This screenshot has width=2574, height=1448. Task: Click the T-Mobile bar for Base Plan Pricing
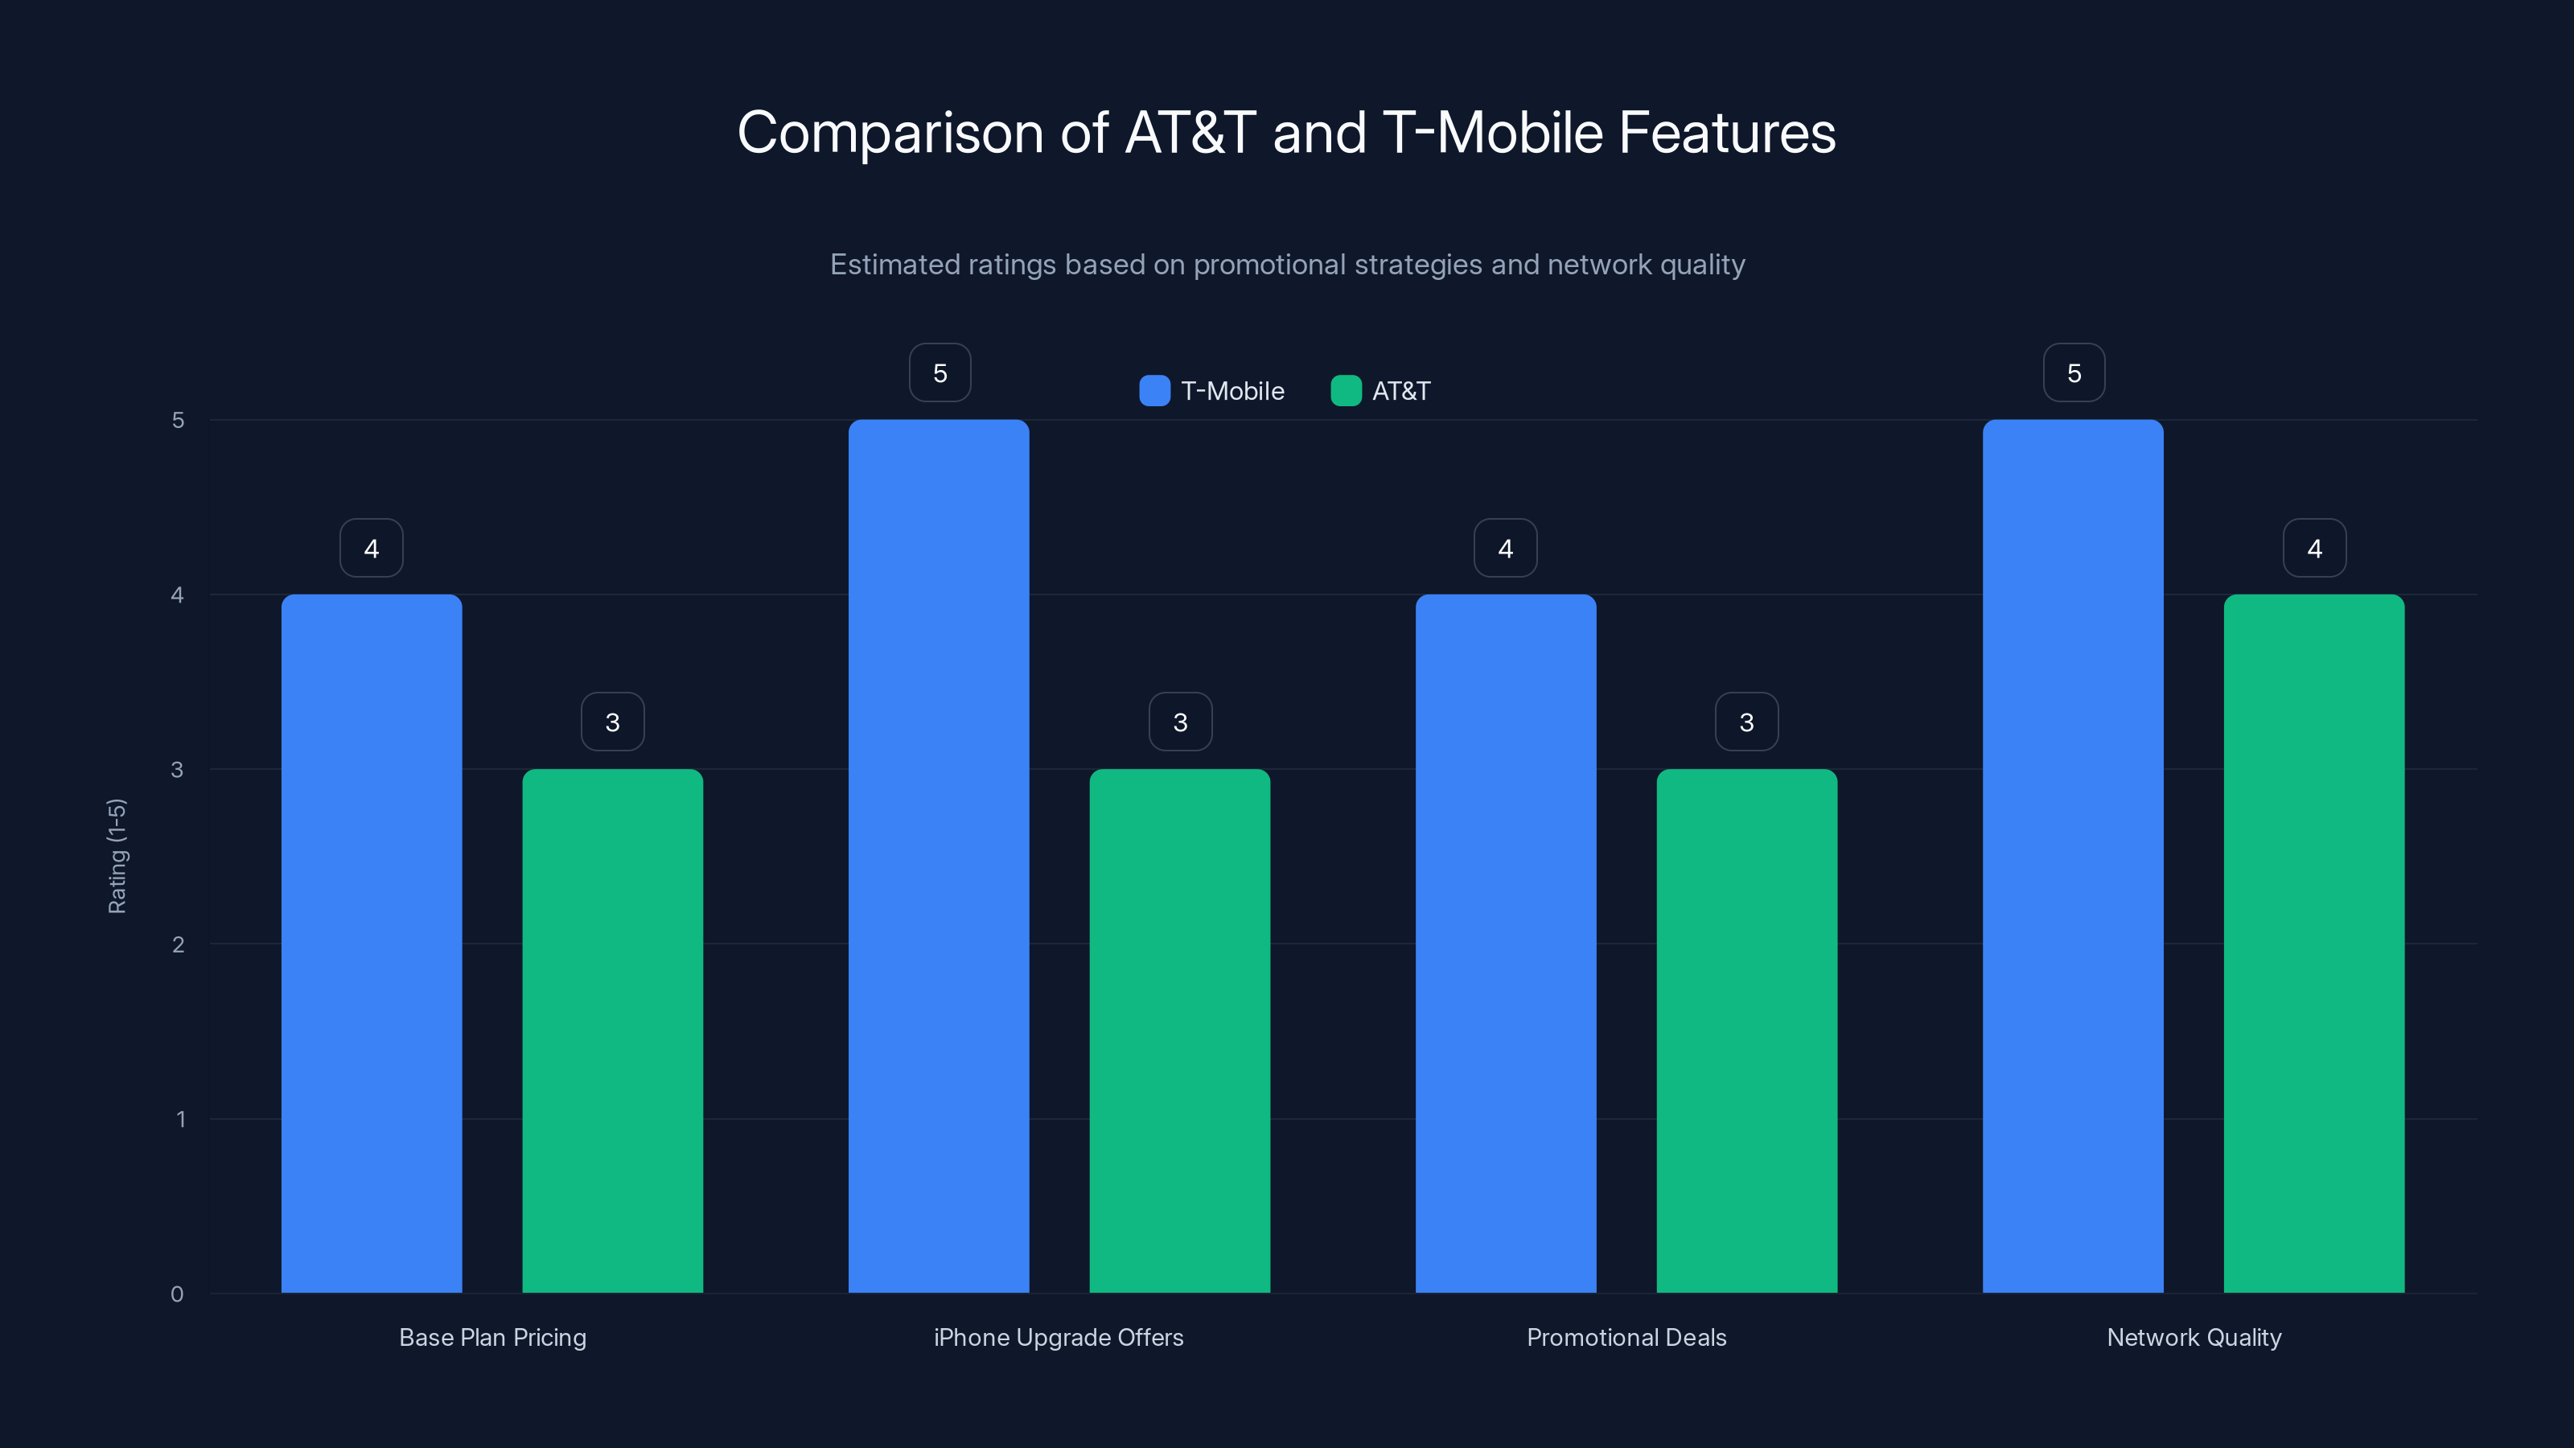(x=372, y=944)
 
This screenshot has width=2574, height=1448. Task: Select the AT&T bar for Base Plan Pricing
(x=612, y=1030)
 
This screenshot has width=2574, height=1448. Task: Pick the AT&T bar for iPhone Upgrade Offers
(x=1179, y=1030)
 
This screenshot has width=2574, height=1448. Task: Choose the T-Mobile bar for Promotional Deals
(x=1506, y=944)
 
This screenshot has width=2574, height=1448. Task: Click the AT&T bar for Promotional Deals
(x=1746, y=1030)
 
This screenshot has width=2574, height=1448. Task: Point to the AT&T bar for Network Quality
(x=2314, y=944)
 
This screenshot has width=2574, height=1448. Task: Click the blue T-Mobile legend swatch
(x=1154, y=391)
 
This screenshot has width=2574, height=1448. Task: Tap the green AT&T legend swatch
(x=1346, y=391)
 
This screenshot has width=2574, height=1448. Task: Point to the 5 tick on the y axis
(x=178, y=420)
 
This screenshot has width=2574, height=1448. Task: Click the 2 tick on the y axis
(x=178, y=944)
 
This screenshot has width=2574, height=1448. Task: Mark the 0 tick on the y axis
(x=177, y=1294)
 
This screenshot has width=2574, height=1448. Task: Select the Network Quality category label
(x=2194, y=1337)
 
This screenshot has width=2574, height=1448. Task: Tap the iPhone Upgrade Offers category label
(x=1059, y=1337)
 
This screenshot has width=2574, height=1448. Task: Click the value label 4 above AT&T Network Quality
(x=2314, y=548)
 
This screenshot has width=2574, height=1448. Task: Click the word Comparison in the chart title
(x=890, y=133)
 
